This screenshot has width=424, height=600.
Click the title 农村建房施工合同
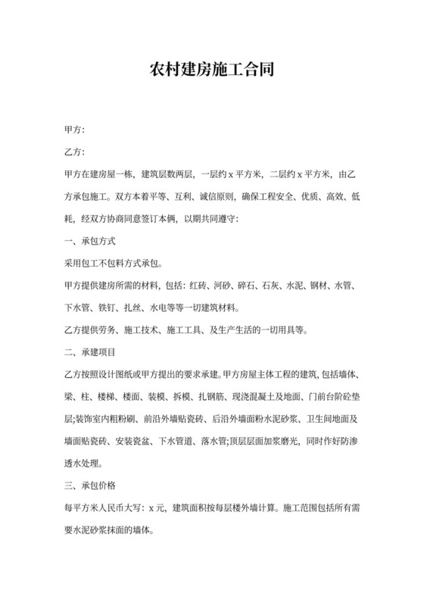(211, 71)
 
